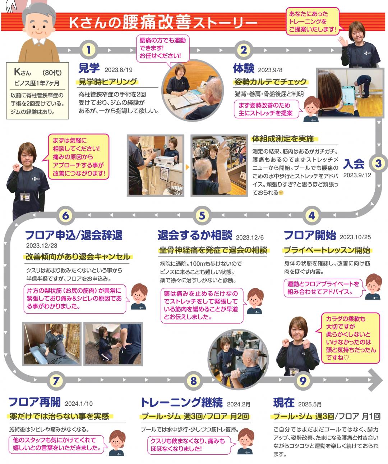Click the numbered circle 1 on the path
pos(89,50)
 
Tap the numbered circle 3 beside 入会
pos(378,163)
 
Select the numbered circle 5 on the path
pos(202,215)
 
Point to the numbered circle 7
pos(56,381)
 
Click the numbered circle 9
pos(303,381)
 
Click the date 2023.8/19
pos(119,70)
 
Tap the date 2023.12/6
pos(250,237)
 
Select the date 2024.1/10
pos(79,404)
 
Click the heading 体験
pos(244,68)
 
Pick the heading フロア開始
pos(310,235)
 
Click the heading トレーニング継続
pos(182,402)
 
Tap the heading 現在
pos(284,402)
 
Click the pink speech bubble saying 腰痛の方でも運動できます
pos(162,49)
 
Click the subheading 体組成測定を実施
pos(283,139)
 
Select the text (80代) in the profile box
pos(52,73)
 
